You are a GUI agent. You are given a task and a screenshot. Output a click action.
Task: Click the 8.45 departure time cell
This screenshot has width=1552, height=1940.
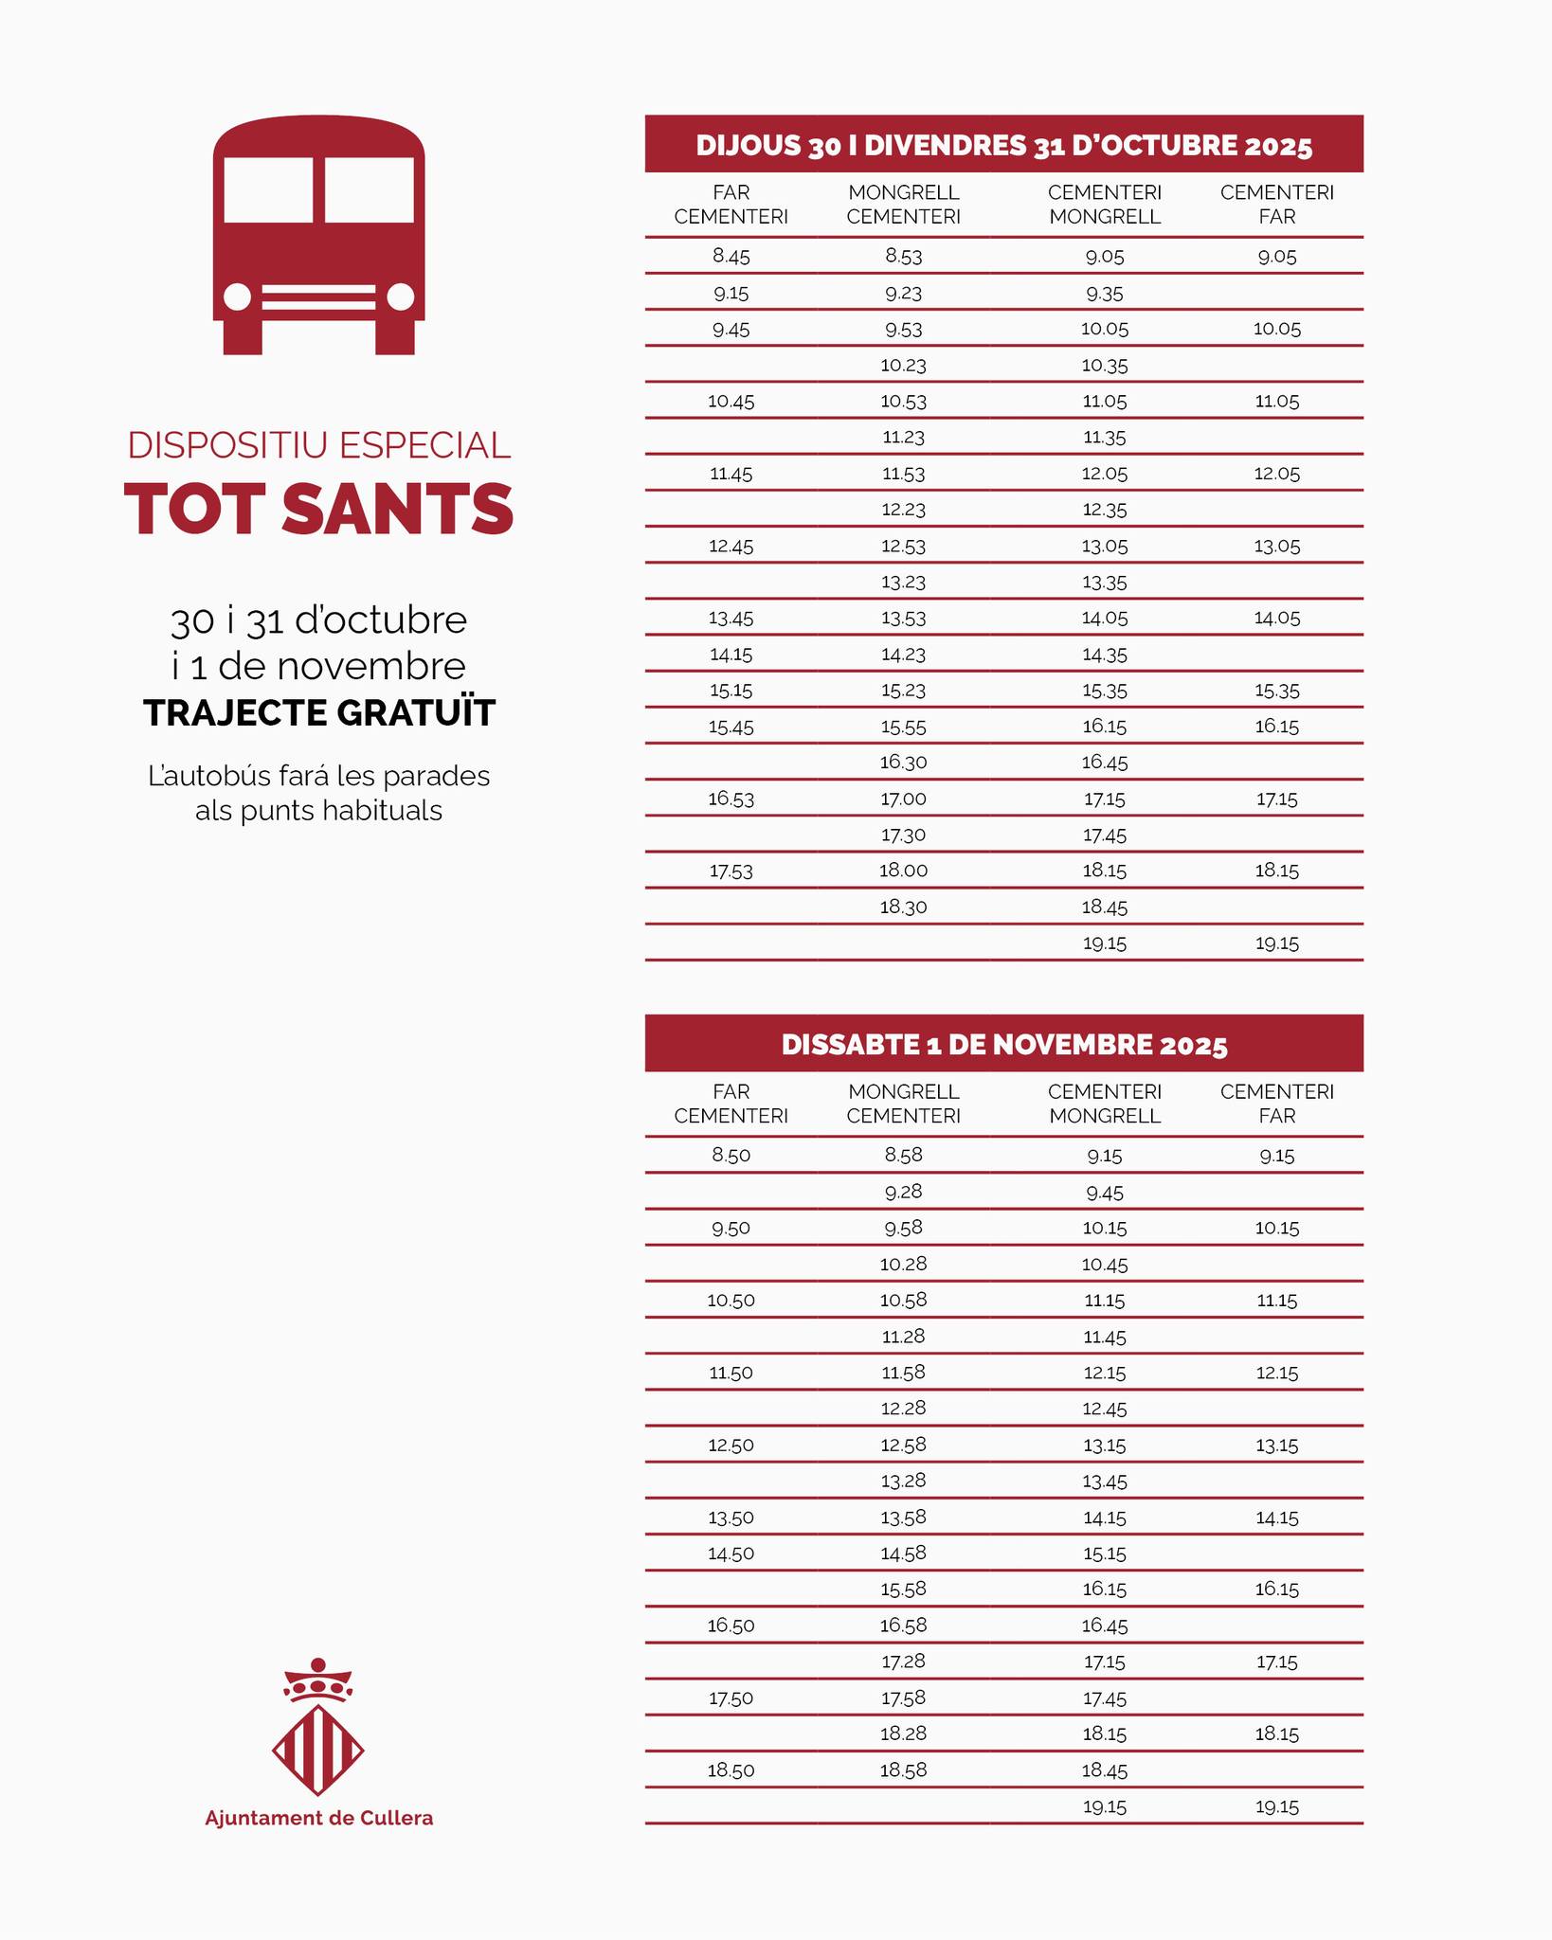(731, 256)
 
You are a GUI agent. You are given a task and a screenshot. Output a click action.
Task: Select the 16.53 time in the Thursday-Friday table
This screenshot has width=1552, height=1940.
(731, 799)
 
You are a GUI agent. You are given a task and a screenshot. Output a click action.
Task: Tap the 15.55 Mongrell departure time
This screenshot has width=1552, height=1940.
(903, 727)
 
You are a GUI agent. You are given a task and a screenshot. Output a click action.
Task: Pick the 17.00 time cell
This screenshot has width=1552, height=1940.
(903, 799)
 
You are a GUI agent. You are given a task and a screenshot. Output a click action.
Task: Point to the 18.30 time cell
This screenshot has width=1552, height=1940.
(903, 907)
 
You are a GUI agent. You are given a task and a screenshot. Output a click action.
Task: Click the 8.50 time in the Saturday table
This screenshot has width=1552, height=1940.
(731, 1155)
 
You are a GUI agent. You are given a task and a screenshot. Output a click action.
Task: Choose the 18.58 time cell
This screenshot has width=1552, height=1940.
(903, 1769)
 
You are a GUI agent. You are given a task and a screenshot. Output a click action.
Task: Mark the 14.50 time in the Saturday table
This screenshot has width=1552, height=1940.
(731, 1553)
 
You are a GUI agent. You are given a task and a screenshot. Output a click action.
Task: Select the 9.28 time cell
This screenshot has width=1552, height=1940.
(903, 1192)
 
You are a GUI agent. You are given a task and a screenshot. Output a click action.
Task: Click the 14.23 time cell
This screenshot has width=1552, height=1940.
(903, 654)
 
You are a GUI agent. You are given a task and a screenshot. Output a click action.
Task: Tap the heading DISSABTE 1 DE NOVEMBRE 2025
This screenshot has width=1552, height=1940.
(1003, 1045)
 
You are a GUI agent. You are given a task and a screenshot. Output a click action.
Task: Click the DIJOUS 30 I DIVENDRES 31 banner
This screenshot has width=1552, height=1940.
(1003, 145)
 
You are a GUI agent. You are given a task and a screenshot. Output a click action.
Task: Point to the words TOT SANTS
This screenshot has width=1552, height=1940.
(318, 510)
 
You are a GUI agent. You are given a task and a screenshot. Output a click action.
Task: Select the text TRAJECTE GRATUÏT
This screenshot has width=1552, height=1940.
(319, 713)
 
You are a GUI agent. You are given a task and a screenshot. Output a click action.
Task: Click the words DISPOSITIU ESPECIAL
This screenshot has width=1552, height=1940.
(318, 445)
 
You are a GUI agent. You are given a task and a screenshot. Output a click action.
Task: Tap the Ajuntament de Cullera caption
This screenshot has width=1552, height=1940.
(318, 1818)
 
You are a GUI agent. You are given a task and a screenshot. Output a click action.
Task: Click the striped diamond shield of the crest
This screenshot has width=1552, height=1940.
(318, 1750)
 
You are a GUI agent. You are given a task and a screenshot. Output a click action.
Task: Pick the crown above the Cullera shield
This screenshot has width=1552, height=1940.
(318, 1680)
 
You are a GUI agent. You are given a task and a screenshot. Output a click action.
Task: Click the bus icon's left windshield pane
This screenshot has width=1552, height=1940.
(268, 189)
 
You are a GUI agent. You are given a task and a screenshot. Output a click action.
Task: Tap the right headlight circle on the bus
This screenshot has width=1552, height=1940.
(401, 296)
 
